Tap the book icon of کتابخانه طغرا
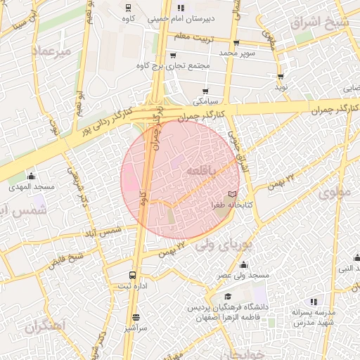233,194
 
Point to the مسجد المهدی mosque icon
30,176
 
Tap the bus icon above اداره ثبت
133,274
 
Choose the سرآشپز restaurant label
135,328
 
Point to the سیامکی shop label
206,102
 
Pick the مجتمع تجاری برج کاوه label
176,65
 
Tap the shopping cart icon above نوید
281,77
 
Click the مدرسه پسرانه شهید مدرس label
312,317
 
